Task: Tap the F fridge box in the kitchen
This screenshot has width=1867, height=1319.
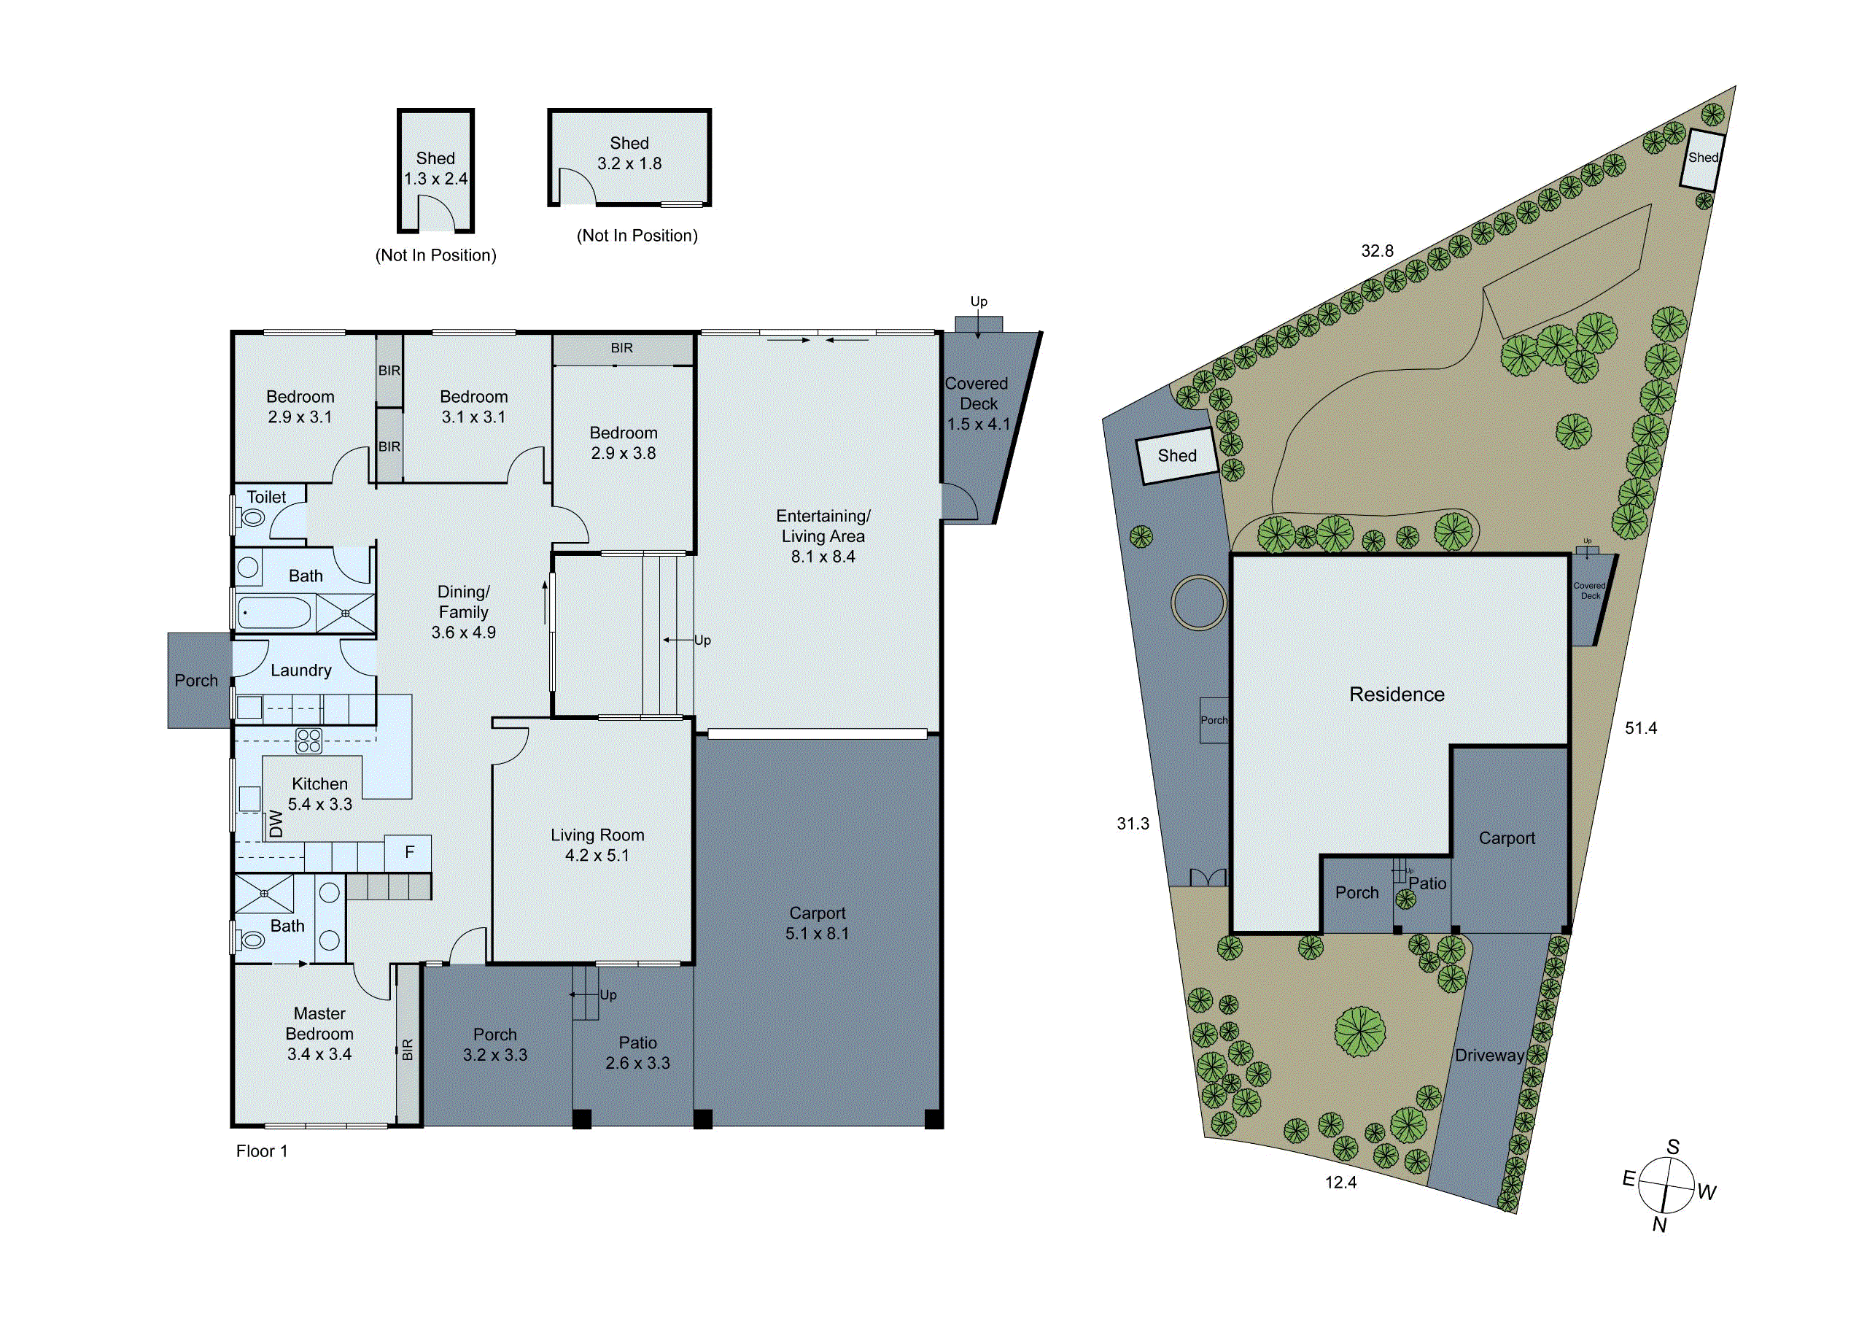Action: [x=409, y=851]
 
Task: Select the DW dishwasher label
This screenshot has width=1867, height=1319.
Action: [x=276, y=823]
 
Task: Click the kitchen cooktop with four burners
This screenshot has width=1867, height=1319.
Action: [x=308, y=740]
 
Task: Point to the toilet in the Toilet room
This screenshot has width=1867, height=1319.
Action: [x=254, y=518]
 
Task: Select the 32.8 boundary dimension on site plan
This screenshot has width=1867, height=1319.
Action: [x=1377, y=251]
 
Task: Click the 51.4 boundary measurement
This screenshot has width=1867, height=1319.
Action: [x=1640, y=729]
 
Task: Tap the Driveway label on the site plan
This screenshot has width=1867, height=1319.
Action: [x=1489, y=1056]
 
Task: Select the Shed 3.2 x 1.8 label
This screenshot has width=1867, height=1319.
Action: [x=629, y=154]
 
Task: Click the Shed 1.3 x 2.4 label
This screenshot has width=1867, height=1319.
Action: [x=435, y=169]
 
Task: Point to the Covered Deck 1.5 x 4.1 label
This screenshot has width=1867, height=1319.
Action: [x=977, y=403]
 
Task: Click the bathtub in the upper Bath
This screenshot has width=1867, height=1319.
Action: [x=274, y=611]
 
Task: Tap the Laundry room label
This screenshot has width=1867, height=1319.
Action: [x=301, y=670]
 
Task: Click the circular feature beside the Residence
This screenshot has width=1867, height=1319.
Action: [x=1198, y=602]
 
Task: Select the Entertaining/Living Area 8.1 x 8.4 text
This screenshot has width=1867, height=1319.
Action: [x=822, y=536]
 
